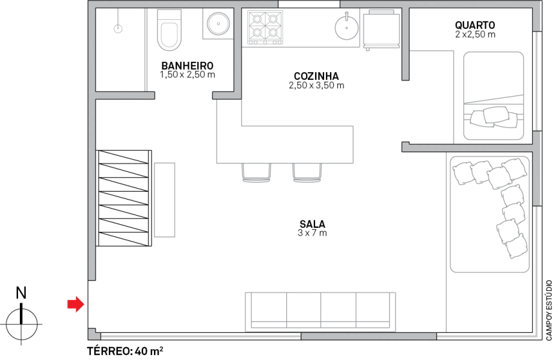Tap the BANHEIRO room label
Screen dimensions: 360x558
tap(188, 66)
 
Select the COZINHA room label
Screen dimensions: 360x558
tap(316, 76)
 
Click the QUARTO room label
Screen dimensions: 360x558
tap(475, 25)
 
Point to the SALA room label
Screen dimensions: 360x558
tap(312, 224)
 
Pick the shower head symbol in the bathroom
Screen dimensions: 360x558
tap(118, 27)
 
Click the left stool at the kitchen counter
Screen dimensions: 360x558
tap(256, 172)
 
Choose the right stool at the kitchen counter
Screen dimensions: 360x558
tap(307, 172)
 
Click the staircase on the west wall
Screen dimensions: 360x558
tap(124, 198)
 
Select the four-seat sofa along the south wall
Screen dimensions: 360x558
tap(320, 311)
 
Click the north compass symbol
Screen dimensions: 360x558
tap(22, 317)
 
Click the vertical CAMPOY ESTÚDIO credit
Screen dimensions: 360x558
tap(549, 310)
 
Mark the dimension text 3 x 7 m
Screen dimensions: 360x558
tap(312, 233)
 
